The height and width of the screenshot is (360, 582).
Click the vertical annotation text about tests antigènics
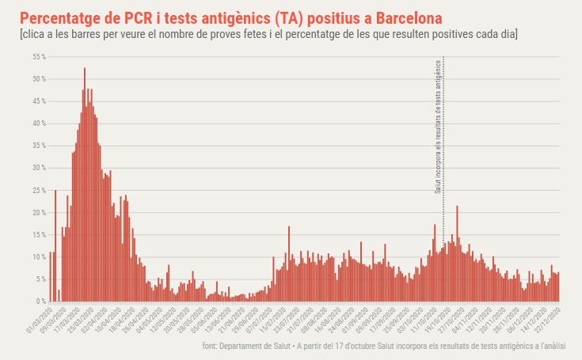(438, 127)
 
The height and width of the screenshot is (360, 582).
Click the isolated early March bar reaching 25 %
(55, 245)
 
